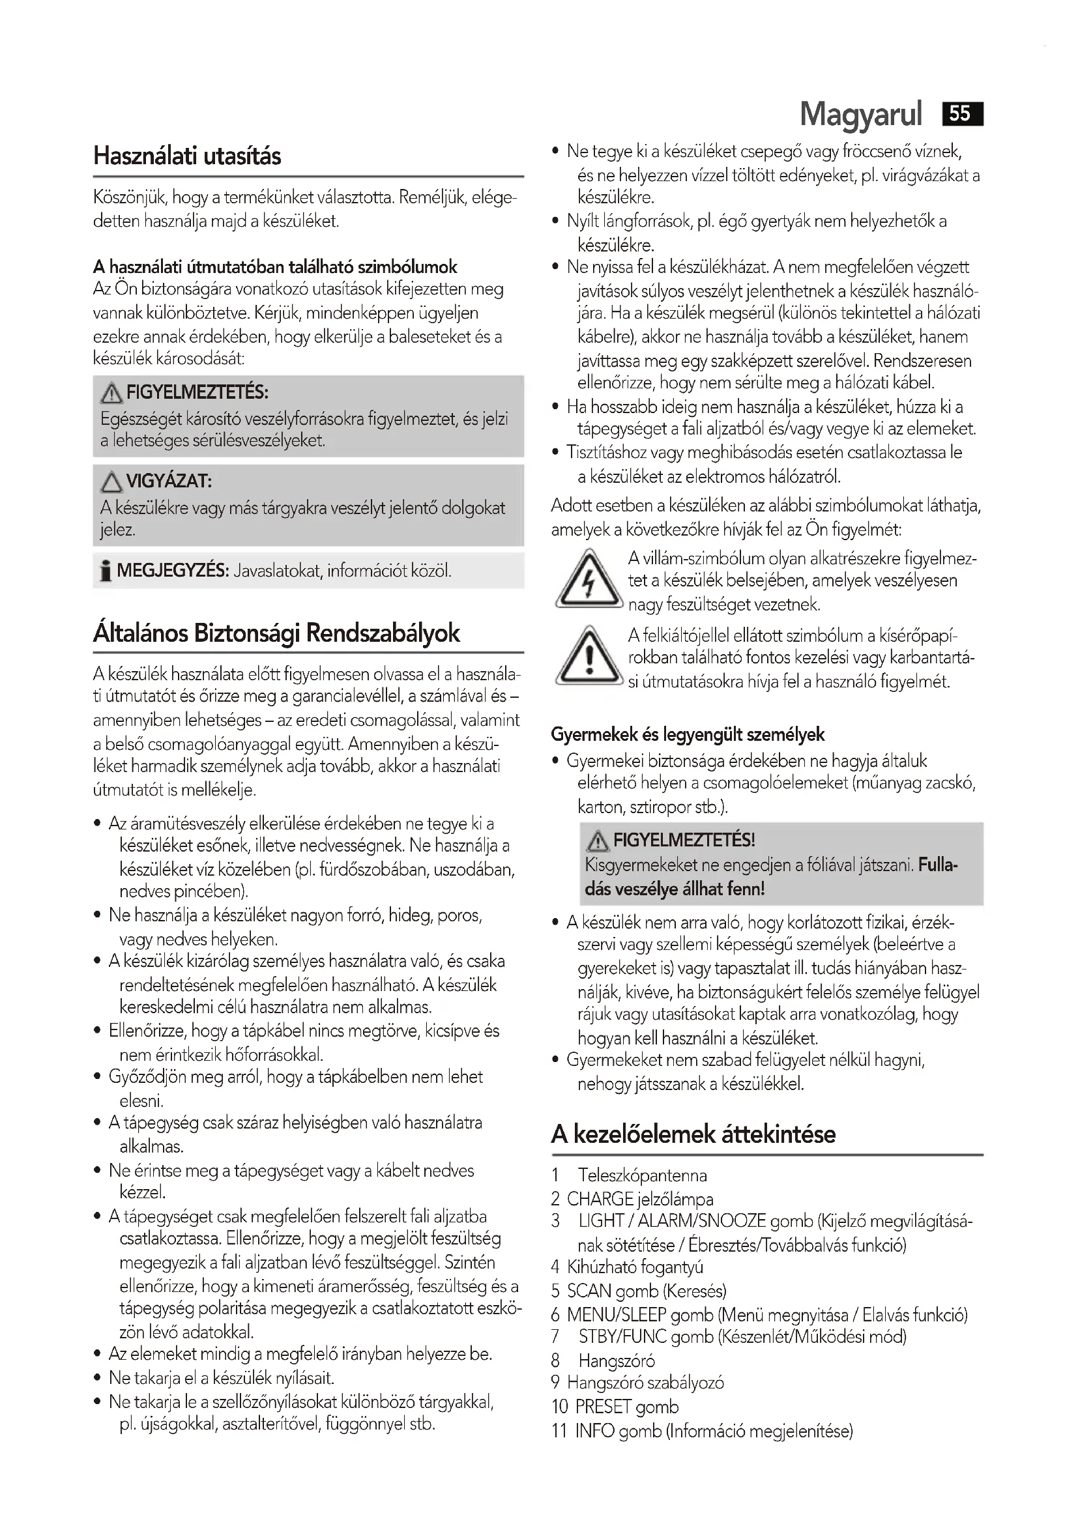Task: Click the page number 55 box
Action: tap(962, 114)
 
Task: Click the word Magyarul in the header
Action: tap(861, 114)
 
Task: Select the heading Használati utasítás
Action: tap(186, 156)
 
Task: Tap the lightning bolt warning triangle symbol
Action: tap(588, 579)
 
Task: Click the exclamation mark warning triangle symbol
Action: tap(588, 656)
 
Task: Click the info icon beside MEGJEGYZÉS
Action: tap(105, 571)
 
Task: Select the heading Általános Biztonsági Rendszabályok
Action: tap(276, 633)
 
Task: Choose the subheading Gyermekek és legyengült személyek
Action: tap(687, 734)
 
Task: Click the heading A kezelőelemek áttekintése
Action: tap(693, 1134)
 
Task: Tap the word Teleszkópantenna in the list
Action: tap(642, 1175)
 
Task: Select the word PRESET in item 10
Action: tap(604, 1406)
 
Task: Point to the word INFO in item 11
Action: tap(594, 1430)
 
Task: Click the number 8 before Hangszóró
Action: tap(555, 1360)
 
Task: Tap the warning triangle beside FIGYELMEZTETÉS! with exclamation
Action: tap(598, 841)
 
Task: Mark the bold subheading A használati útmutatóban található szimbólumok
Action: tap(275, 267)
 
